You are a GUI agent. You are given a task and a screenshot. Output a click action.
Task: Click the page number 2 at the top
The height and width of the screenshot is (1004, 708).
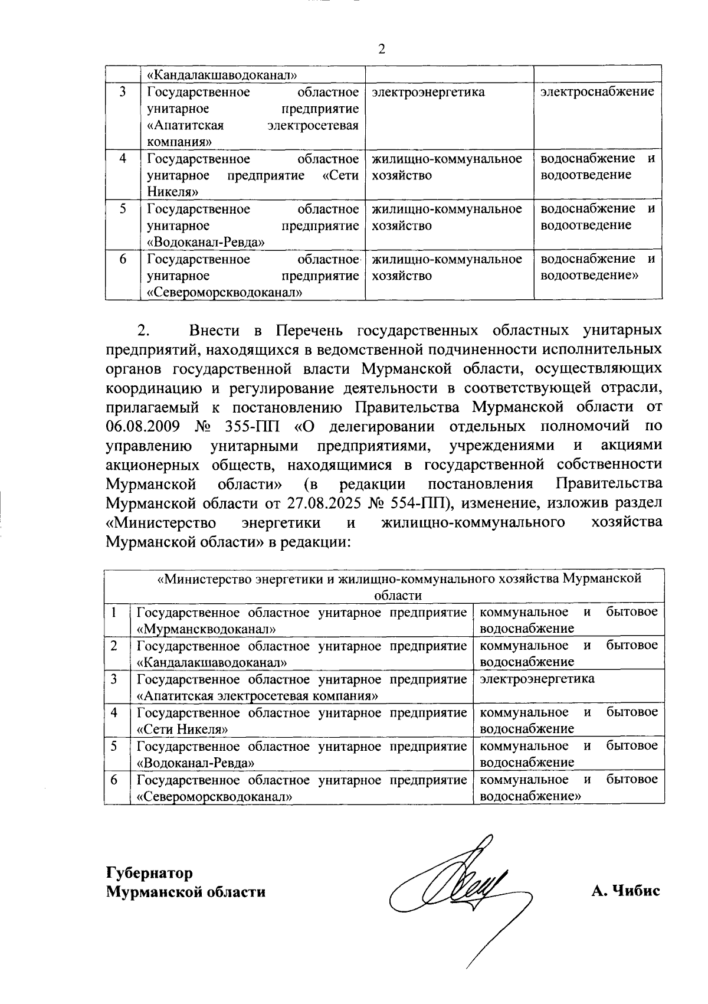click(381, 49)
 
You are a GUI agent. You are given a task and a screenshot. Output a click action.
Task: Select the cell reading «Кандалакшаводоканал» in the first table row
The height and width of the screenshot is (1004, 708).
click(221, 75)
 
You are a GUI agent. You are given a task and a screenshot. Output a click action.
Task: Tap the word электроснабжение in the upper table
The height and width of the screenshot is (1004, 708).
click(598, 92)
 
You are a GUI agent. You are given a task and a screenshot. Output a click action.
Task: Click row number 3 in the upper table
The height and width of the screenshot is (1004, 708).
click(122, 92)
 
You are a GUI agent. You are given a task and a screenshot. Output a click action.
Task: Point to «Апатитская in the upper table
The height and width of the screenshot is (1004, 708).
click(183, 126)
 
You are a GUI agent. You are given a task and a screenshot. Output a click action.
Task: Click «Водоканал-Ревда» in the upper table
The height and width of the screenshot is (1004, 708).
click(206, 242)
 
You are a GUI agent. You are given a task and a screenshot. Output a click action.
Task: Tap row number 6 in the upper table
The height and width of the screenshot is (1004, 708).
click(122, 259)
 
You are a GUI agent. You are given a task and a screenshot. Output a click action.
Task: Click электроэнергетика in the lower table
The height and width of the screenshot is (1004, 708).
click(537, 679)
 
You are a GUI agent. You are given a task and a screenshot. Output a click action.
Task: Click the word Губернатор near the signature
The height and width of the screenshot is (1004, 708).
click(149, 872)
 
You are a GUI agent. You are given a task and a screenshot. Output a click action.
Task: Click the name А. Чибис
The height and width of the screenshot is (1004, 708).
click(625, 891)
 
